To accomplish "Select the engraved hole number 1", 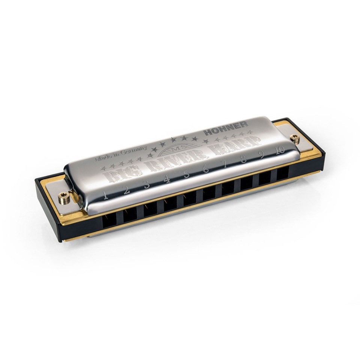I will pos(106,195).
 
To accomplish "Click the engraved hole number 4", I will pos(167,180).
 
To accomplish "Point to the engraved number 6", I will pos(206,169).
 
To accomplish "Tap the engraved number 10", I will pos(279,151).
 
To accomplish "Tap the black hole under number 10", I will pos(283,174).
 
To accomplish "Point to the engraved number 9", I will pos(262,155).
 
